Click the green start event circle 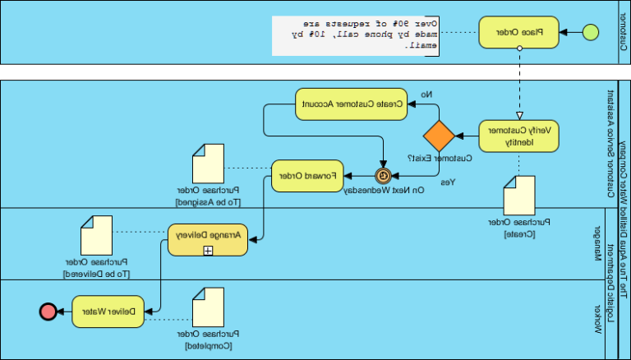click(x=589, y=33)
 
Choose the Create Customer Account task click(x=351, y=104)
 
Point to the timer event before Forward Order click(x=383, y=176)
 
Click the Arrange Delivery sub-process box click(x=209, y=239)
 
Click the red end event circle click(x=48, y=311)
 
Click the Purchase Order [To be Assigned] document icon click(x=209, y=165)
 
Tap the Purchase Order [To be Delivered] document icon click(x=96, y=235)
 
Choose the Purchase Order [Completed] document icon click(x=208, y=307)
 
